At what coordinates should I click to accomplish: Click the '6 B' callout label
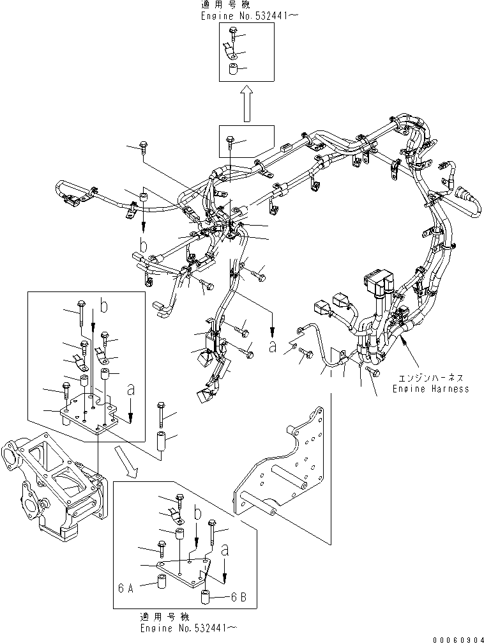[239, 598]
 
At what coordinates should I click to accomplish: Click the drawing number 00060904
[457, 639]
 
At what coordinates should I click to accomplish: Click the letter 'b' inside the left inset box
[103, 306]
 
